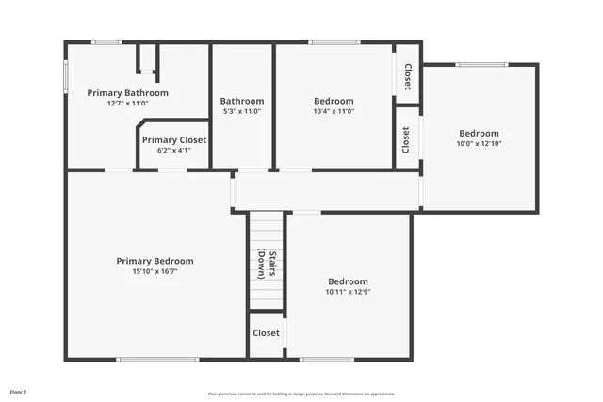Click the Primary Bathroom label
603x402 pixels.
pos(127,93)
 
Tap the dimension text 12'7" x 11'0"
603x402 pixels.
pos(127,104)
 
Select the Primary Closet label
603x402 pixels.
pos(173,140)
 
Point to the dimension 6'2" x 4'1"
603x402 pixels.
pos(173,150)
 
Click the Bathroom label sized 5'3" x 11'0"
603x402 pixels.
pos(242,101)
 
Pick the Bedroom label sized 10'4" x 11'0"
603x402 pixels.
pos(334,101)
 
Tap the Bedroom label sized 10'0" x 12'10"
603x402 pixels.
pos(479,134)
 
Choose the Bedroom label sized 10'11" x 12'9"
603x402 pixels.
pos(348,281)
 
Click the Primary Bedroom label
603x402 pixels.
pos(155,261)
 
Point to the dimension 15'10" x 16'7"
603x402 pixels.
pos(155,271)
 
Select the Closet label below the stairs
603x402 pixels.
pos(266,333)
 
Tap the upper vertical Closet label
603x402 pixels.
pos(407,76)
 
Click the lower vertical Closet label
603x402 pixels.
pos(406,140)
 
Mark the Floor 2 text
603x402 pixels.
pos(19,391)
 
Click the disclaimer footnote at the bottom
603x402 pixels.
pos(301,394)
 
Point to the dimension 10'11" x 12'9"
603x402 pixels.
pos(348,292)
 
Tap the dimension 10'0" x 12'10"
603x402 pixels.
pos(479,144)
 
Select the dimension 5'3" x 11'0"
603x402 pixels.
pos(242,111)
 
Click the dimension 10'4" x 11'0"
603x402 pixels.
pos(334,111)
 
